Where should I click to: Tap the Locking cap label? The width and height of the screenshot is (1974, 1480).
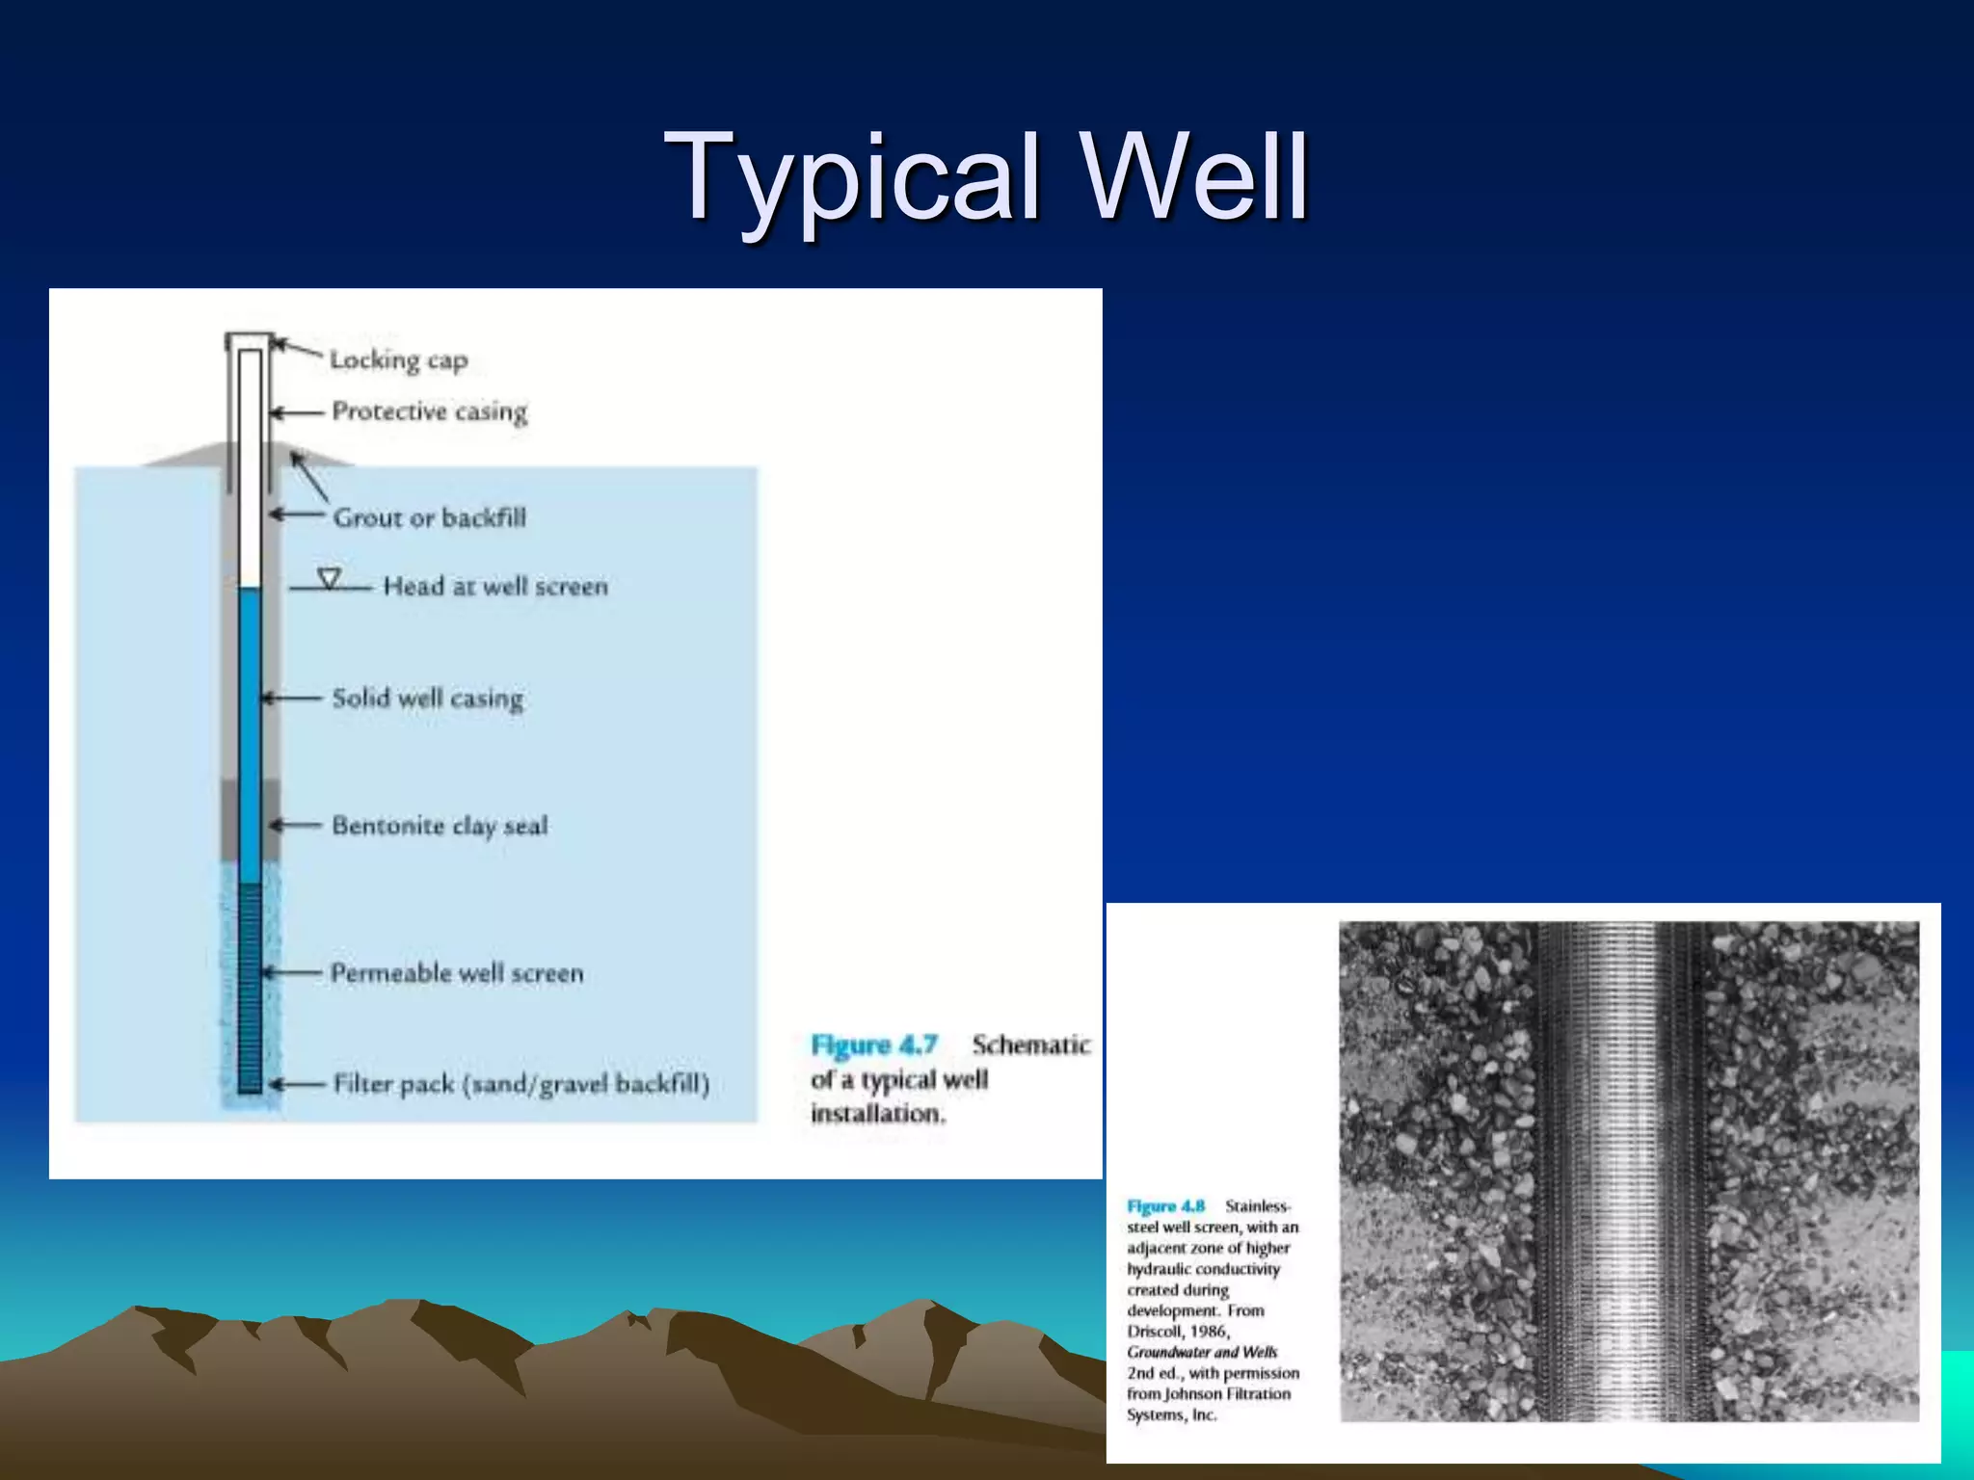[398, 360]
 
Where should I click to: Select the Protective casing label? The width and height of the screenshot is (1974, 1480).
[429, 411]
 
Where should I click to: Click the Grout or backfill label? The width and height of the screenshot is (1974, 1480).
[429, 518]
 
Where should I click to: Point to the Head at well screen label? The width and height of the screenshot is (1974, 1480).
[495, 587]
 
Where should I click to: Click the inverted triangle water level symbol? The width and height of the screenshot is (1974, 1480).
[330, 579]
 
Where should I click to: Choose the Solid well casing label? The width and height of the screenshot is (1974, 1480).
[427, 699]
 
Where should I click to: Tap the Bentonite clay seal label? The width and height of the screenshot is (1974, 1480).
[440, 826]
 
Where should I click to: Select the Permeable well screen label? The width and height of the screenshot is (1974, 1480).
[457, 973]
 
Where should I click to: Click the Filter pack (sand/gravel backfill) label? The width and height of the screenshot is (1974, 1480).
[520, 1085]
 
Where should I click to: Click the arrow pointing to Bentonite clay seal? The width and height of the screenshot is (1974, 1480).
[295, 826]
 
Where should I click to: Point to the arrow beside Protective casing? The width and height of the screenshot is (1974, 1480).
[295, 412]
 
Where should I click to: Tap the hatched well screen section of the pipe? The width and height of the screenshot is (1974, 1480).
[250, 988]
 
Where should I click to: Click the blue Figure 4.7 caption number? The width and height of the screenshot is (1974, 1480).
[873, 1045]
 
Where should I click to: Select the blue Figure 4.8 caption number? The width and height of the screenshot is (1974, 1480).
[1165, 1206]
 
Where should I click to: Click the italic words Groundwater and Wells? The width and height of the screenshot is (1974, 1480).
[1201, 1353]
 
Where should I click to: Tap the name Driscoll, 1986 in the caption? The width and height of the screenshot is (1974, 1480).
[1177, 1332]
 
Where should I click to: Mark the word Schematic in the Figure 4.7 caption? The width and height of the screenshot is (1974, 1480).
[1030, 1045]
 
